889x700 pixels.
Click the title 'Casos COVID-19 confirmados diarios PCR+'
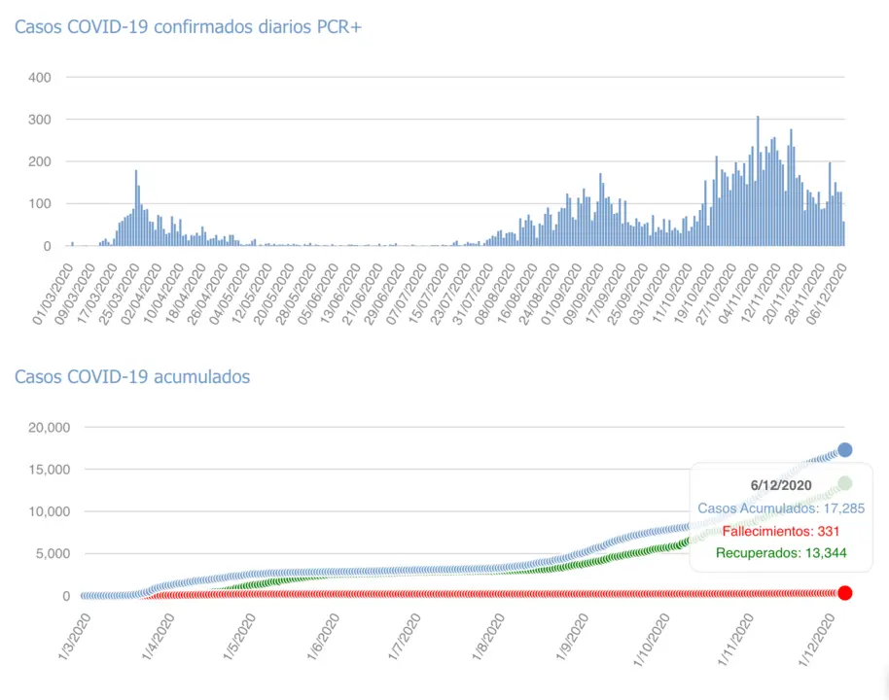pyautogui.click(x=188, y=27)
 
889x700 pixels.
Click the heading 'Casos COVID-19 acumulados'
pyautogui.click(x=132, y=376)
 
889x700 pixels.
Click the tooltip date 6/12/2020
pyautogui.click(x=780, y=485)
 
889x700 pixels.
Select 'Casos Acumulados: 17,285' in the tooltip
pyautogui.click(x=780, y=507)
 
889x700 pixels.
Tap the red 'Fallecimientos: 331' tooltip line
pyautogui.click(x=780, y=531)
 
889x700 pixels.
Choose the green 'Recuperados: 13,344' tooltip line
pyautogui.click(x=780, y=554)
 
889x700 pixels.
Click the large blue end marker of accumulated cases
pyautogui.click(x=845, y=450)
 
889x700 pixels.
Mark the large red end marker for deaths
pyautogui.click(x=845, y=593)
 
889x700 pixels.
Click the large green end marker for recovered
pyautogui.click(x=845, y=483)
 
